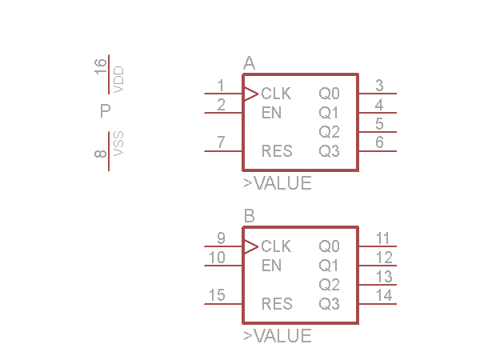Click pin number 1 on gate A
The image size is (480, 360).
coord(220,86)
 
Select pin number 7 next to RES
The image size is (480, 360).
coord(220,143)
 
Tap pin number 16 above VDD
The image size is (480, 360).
coord(101,66)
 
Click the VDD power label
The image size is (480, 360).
coord(118,81)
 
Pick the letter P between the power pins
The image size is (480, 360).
coord(105,112)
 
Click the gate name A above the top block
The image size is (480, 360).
coord(249,64)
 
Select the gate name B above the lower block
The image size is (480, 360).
coord(249,216)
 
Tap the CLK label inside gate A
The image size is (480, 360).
coord(276,94)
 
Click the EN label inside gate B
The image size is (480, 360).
coord(271,265)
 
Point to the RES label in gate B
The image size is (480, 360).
coord(277,304)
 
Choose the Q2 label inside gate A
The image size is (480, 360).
coord(329,132)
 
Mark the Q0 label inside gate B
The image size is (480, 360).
coord(329,246)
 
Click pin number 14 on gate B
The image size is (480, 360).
coord(384,296)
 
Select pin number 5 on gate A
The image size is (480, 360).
coord(379,124)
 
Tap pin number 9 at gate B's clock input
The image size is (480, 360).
coord(220,238)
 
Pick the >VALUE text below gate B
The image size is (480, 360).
coord(278,336)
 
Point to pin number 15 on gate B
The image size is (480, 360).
coord(216,296)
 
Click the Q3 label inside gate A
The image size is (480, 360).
coord(329,151)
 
